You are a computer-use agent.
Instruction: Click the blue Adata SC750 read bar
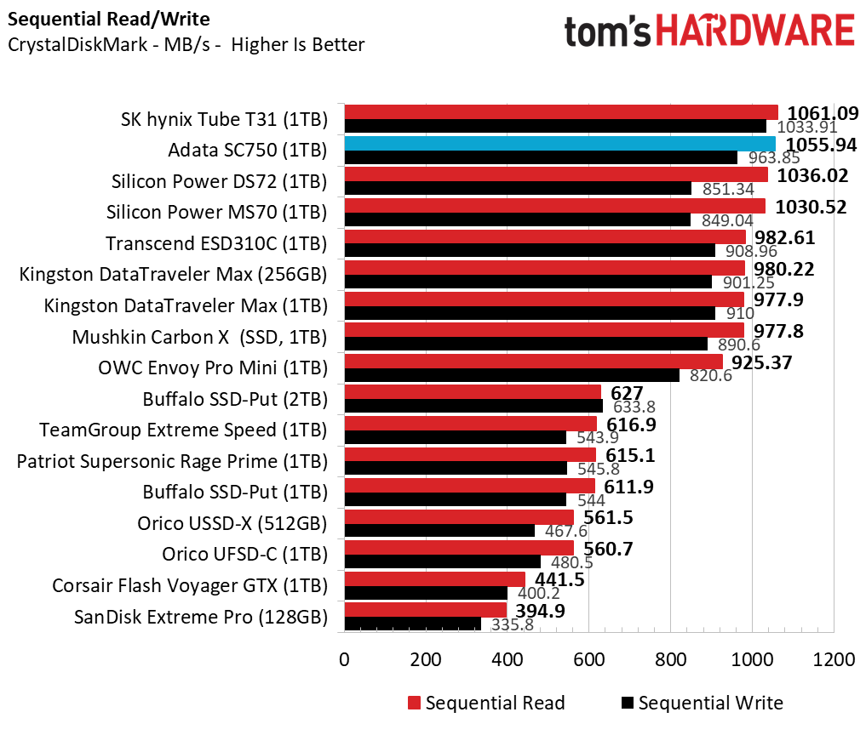(559, 143)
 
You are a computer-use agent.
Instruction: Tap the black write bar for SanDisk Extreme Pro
(412, 624)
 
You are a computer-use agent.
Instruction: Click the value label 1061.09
(823, 112)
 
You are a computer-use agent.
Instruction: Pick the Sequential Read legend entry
(486, 703)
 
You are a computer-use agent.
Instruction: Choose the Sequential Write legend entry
(702, 703)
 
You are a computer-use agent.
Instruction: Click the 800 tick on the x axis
(670, 661)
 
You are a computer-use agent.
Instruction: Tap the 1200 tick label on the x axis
(833, 661)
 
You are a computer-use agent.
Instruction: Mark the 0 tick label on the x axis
(344, 661)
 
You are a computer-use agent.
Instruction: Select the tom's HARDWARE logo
(708, 31)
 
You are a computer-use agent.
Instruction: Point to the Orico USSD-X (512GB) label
(232, 523)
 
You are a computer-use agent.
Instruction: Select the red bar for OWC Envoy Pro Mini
(533, 362)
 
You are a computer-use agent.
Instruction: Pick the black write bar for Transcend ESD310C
(530, 251)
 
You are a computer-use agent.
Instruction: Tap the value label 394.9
(539, 611)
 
